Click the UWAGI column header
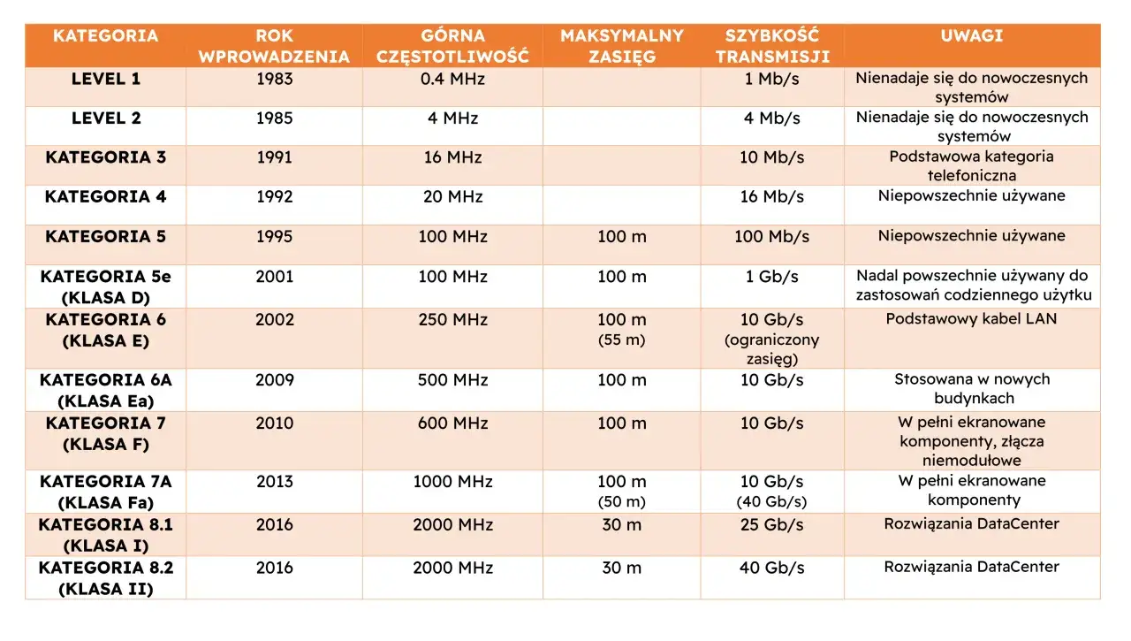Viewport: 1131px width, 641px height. (x=971, y=36)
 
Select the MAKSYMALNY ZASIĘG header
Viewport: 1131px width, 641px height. (x=621, y=46)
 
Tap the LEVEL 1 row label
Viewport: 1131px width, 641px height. (x=105, y=79)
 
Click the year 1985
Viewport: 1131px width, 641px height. (x=274, y=118)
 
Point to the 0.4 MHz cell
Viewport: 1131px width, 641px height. (x=452, y=79)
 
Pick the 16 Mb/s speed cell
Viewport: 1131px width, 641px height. (x=771, y=196)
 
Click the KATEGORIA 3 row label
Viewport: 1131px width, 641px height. (x=105, y=157)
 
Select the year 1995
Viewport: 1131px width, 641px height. (x=274, y=236)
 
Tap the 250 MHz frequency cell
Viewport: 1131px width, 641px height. (x=452, y=320)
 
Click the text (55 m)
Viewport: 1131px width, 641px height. (x=621, y=340)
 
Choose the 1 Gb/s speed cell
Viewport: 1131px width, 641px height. (x=771, y=277)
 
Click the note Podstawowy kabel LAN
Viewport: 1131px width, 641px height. (x=971, y=319)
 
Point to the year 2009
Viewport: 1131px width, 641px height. (x=274, y=380)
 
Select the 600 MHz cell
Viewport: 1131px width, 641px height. (x=452, y=424)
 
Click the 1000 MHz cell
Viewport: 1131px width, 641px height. (x=452, y=481)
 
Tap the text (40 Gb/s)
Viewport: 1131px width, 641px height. (x=771, y=501)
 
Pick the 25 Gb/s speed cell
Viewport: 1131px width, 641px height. (x=771, y=525)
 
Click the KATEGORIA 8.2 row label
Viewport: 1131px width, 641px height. (x=105, y=578)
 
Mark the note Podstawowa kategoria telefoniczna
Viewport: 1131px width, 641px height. (x=971, y=166)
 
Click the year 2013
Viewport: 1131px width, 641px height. (x=274, y=481)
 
